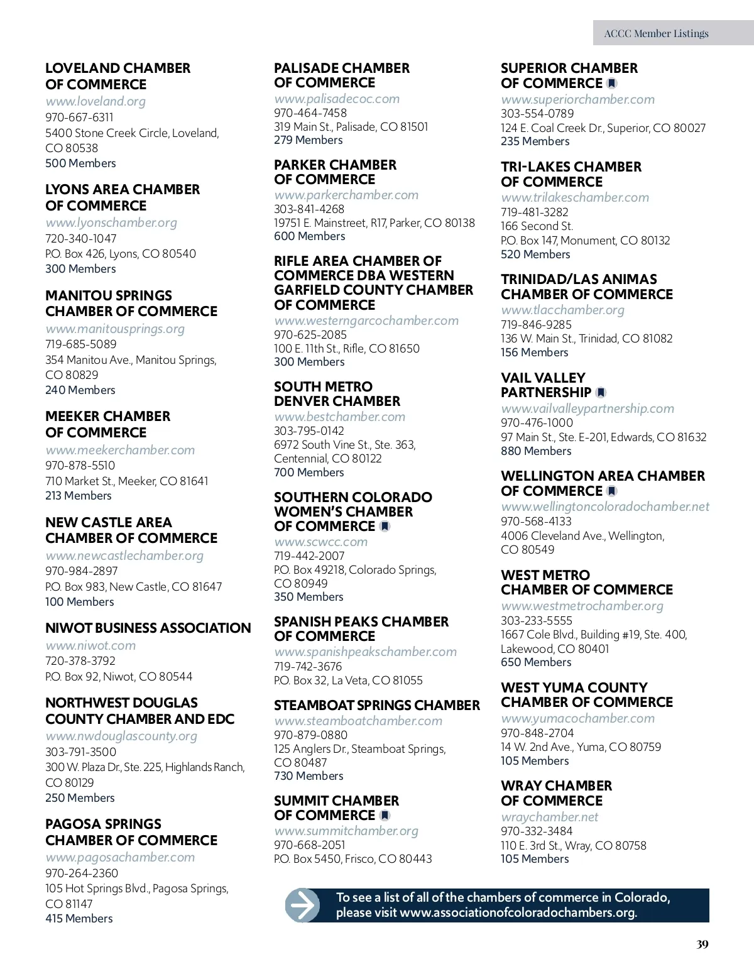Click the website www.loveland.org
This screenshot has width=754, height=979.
click(x=96, y=101)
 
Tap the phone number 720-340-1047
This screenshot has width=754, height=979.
click(x=80, y=238)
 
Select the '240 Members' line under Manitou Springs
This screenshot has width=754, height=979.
click(x=80, y=390)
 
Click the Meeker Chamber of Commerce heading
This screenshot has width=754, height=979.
click(x=107, y=424)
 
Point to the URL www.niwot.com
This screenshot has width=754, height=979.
click(x=90, y=645)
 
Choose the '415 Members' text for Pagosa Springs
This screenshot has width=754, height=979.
click(x=79, y=918)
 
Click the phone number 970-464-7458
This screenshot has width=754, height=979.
click(x=310, y=112)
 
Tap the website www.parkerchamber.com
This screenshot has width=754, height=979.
click(x=346, y=195)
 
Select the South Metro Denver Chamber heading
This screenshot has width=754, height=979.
click(x=337, y=394)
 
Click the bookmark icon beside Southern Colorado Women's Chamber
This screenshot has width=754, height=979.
click(x=385, y=527)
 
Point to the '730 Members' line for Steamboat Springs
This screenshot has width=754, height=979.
click(x=309, y=775)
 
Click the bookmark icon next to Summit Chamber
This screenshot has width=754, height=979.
click(x=385, y=816)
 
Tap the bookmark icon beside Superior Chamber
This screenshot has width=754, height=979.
click(x=612, y=84)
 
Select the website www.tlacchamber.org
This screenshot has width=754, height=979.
click(x=562, y=310)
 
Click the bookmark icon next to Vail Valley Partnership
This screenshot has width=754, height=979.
click(x=601, y=393)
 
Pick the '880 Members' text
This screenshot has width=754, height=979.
click(x=536, y=451)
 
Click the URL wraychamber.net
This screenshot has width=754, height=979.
click(x=550, y=817)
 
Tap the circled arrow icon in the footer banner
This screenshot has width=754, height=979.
click(x=303, y=905)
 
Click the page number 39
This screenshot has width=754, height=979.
click(x=702, y=944)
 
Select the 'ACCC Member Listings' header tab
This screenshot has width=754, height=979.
click(x=657, y=33)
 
